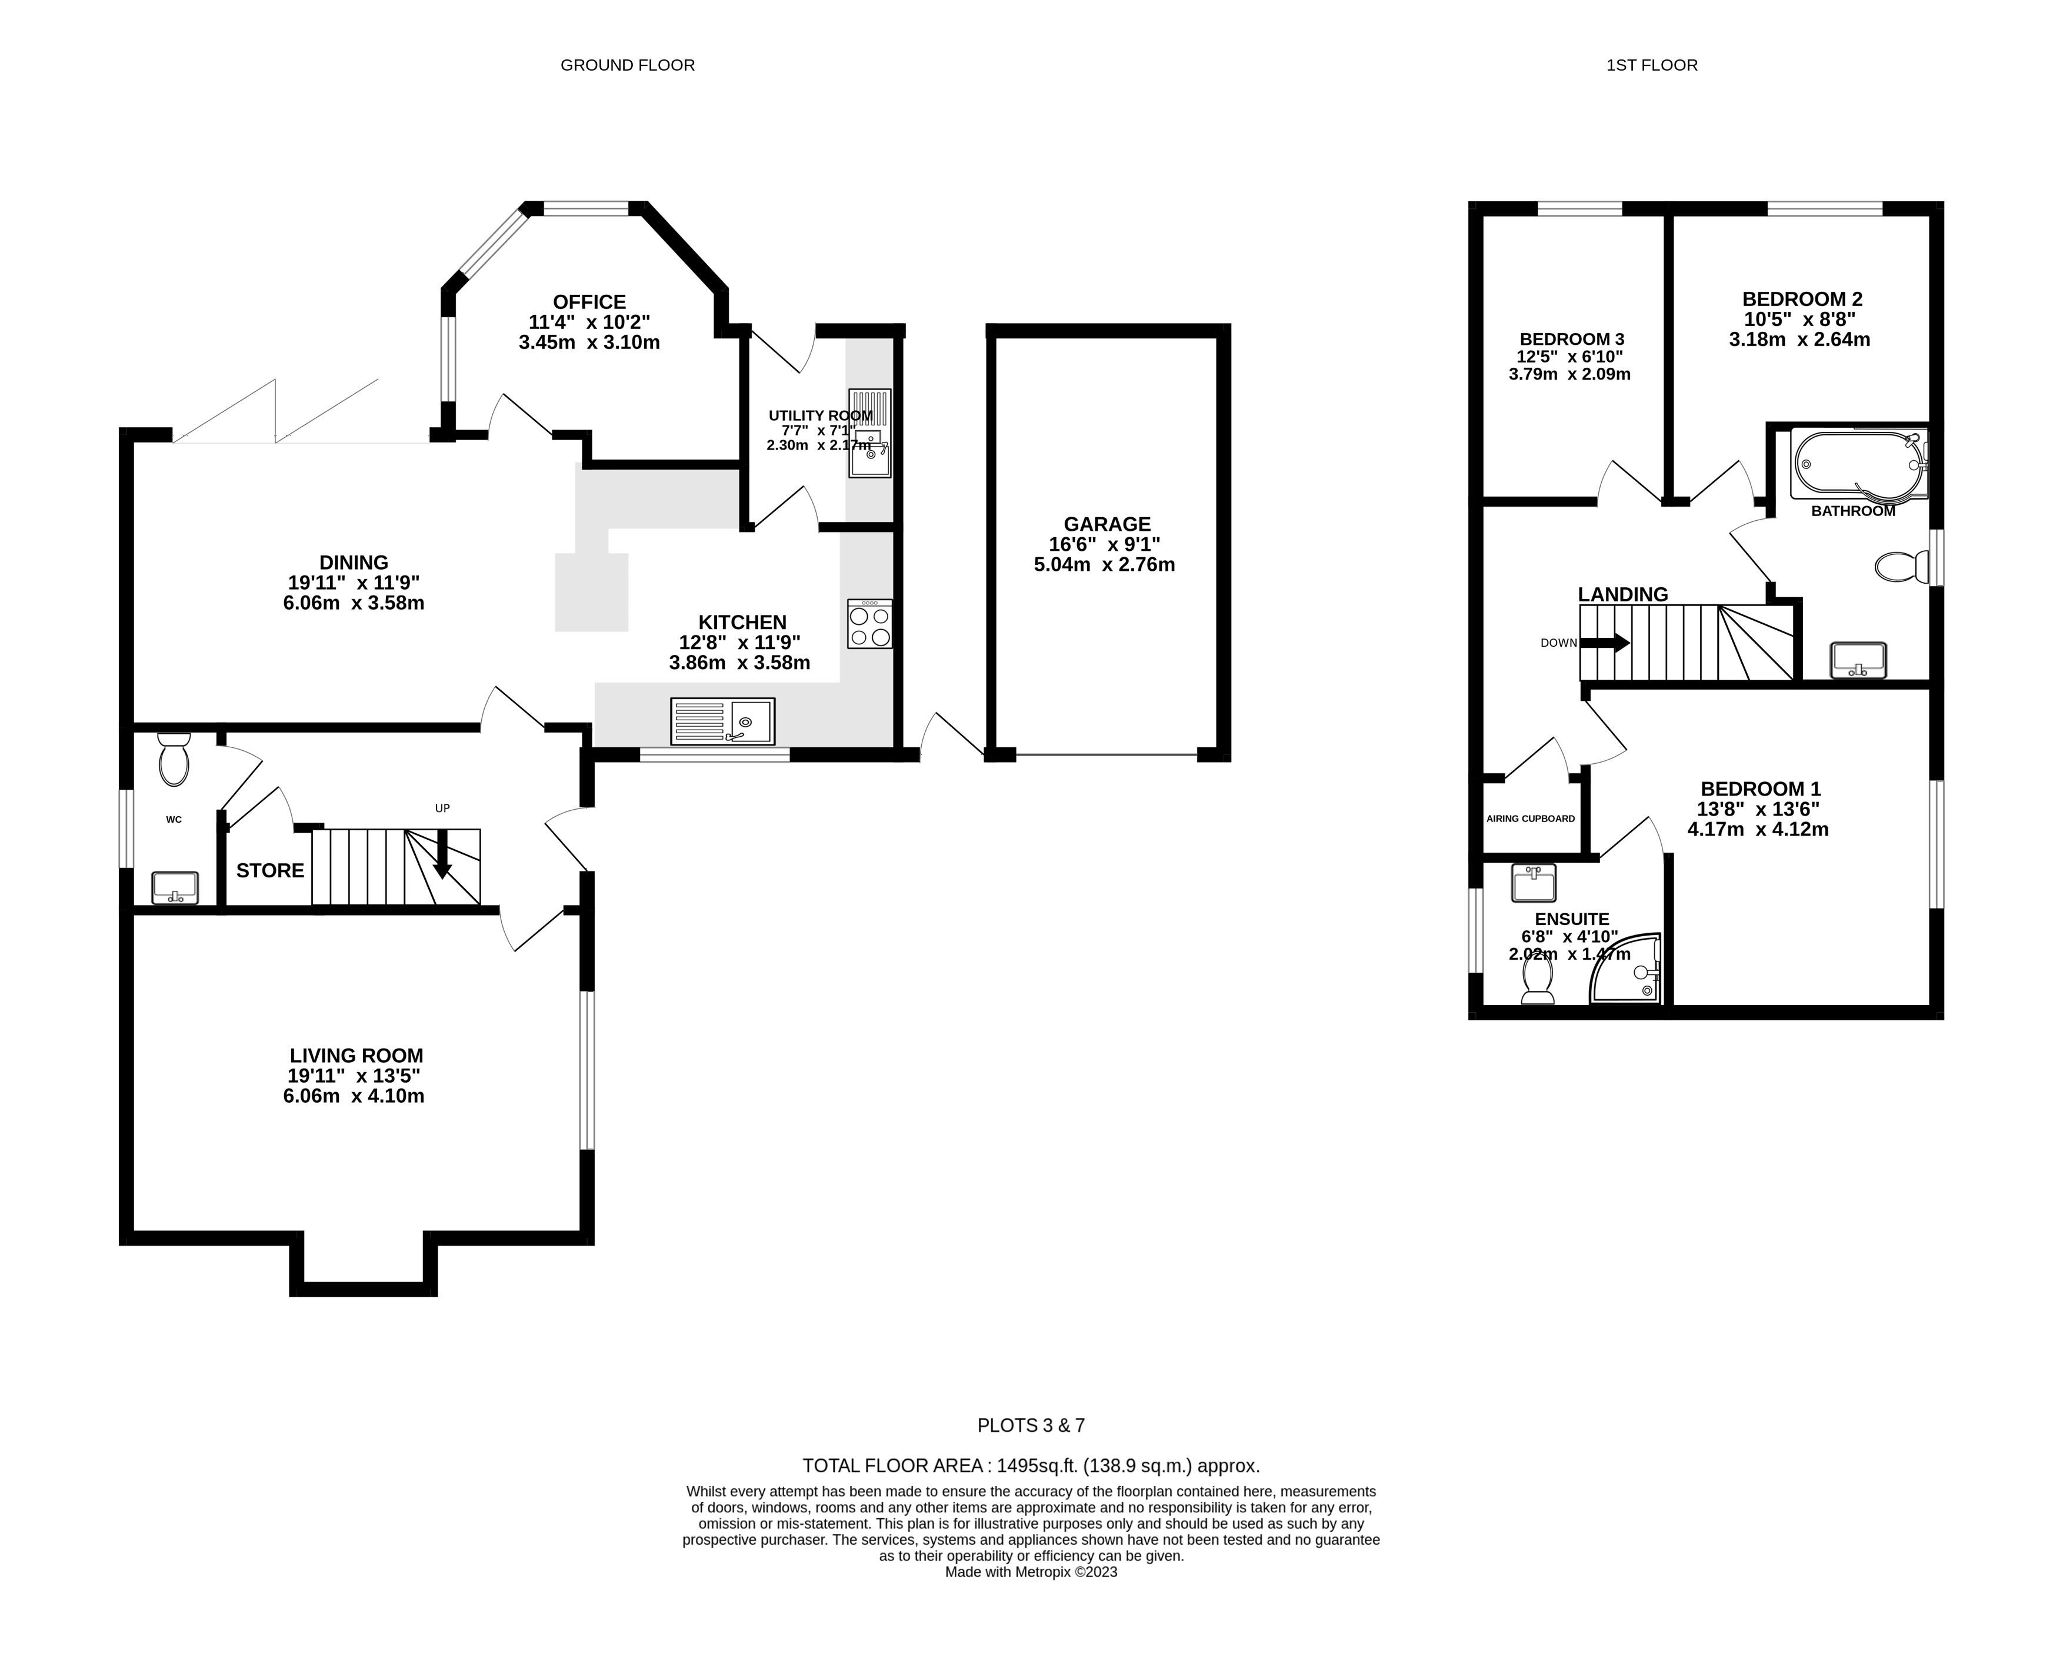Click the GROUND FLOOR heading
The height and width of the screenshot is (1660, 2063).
[628, 65]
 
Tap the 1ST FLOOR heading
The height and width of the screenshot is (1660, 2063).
[1652, 65]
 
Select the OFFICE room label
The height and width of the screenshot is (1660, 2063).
[589, 301]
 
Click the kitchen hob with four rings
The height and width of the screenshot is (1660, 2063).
[870, 624]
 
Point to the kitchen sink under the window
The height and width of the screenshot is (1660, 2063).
[722, 721]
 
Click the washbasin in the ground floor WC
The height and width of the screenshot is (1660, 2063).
[175, 887]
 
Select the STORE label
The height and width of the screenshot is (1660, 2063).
[270, 870]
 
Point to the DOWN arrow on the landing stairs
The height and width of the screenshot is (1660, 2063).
[1605, 643]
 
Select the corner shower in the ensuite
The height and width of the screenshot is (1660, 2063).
[1626, 968]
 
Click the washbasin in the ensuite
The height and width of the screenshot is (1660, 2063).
[1534, 883]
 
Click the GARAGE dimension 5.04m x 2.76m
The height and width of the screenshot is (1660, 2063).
[1104, 565]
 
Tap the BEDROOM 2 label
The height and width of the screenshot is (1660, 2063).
[1802, 299]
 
